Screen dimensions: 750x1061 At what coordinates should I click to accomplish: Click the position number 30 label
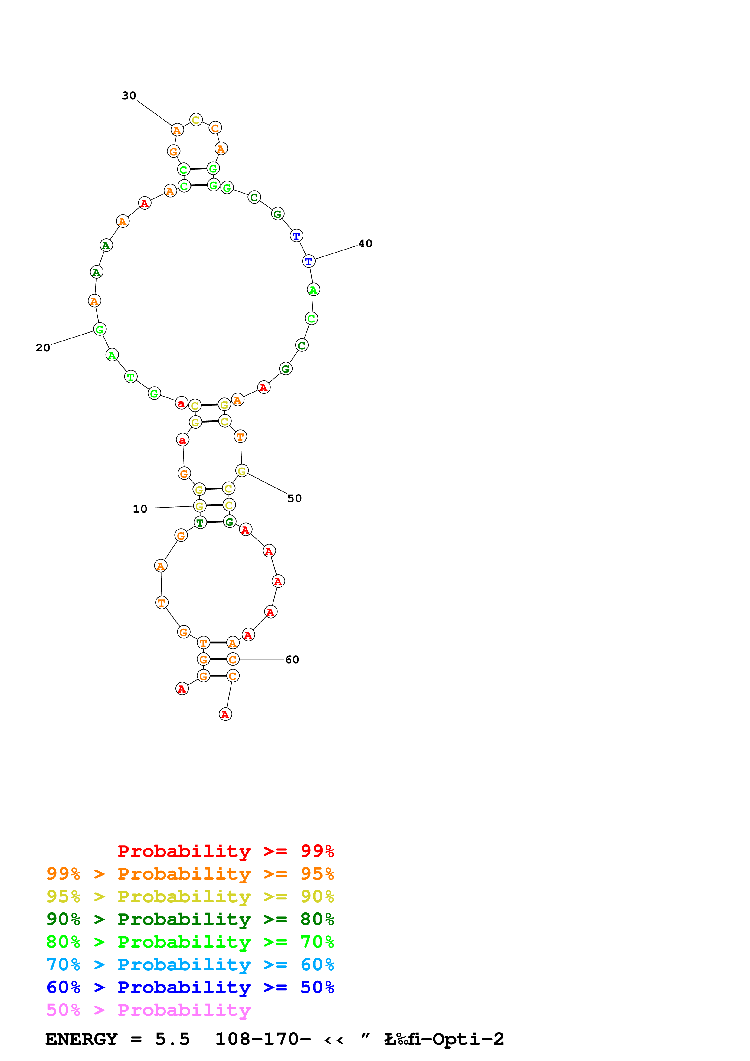129,96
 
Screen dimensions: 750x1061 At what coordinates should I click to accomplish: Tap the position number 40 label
365,243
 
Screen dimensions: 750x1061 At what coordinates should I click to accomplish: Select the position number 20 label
43,348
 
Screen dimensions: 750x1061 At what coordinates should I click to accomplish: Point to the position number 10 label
140,509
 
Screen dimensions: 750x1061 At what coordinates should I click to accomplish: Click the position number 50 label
294,498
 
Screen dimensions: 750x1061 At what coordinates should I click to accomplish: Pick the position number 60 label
292,659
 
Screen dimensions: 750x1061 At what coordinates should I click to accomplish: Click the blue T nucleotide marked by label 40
309,261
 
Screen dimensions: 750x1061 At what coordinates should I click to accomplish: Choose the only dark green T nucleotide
200,523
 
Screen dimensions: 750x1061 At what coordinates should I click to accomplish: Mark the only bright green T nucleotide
131,377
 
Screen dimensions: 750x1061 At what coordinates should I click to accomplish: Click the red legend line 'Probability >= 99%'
225,851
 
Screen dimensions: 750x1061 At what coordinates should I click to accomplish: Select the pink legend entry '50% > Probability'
148,1010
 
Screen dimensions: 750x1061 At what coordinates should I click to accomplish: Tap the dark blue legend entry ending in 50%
190,987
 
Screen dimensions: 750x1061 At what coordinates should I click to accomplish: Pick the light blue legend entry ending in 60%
190,965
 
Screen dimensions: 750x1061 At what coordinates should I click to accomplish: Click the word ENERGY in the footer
81,1039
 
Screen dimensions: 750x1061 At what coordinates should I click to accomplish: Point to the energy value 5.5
172,1039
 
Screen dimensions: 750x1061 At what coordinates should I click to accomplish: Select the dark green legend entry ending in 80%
190,919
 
